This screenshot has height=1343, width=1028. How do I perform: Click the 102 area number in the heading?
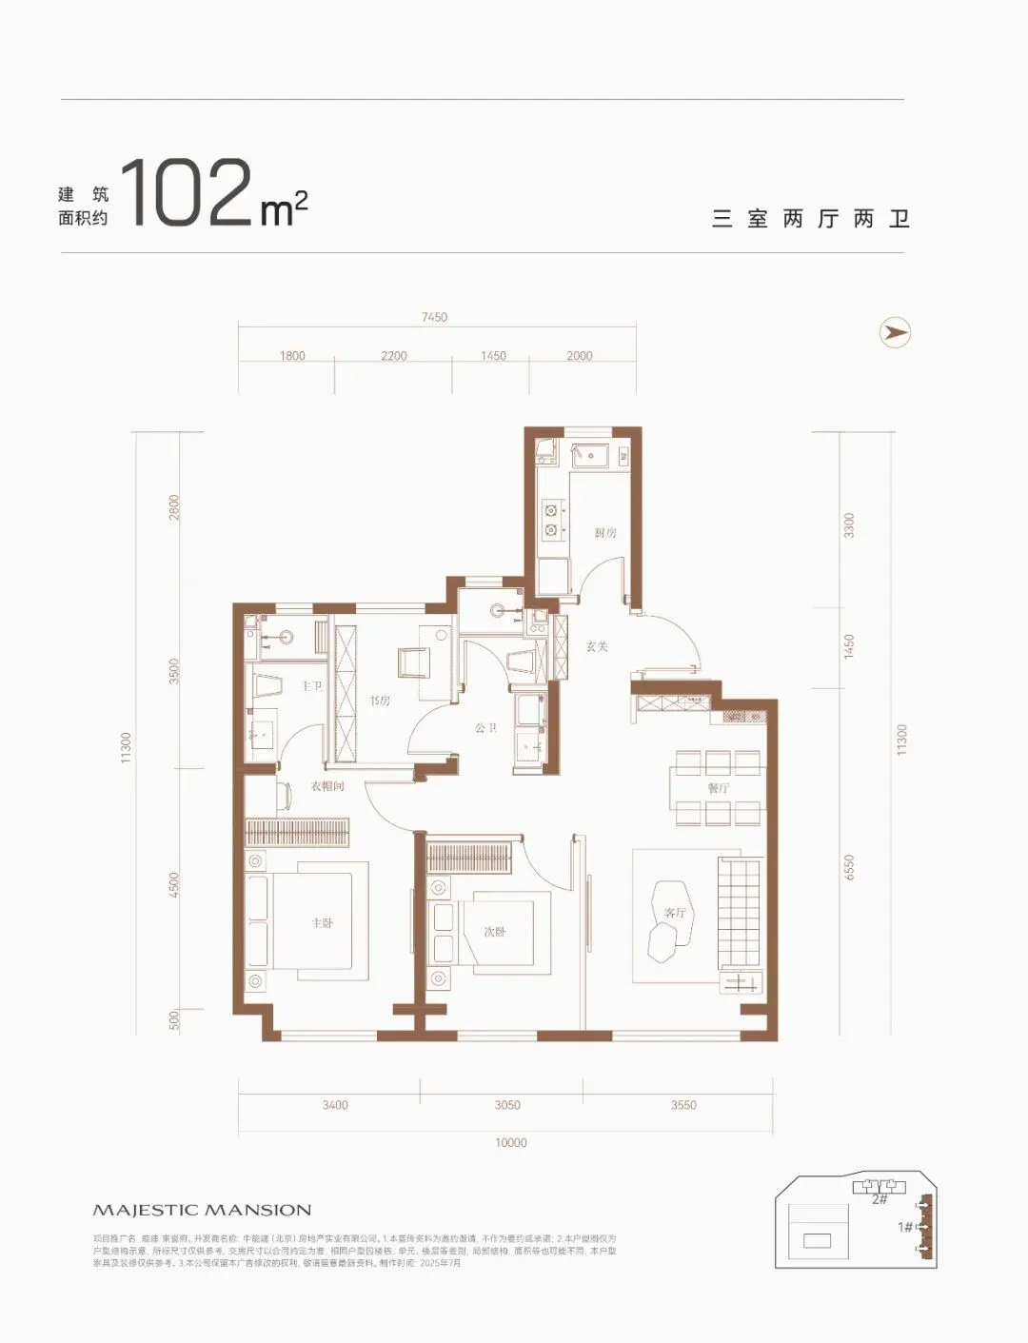pos(187,193)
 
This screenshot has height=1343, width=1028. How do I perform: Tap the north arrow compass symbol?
pos(895,332)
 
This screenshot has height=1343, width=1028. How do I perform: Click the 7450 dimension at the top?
pos(434,317)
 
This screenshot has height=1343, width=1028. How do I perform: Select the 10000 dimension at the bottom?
pos(510,1142)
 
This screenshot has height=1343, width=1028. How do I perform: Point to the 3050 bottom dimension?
pos(507,1105)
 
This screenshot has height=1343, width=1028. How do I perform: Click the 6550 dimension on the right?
pos(849,867)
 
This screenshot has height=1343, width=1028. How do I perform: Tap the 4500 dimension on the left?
pos(173,885)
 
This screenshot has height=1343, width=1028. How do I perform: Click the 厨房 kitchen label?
pos(605,532)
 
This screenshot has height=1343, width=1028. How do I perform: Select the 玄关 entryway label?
pos(597,646)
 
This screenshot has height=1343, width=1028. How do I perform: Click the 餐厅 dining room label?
pos(719,788)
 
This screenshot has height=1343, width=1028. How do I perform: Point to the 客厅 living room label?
pos(675,913)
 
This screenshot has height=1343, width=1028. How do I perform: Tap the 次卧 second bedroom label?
pos(495,932)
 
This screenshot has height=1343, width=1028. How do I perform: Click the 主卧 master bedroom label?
pos(323,923)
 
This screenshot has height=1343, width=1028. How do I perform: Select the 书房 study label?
pos(380,701)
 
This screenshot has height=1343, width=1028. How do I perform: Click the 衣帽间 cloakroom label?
pos(326,786)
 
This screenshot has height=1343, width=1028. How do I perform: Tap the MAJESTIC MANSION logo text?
pos(202,1210)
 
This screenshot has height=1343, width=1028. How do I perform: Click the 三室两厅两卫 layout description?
pos(811,219)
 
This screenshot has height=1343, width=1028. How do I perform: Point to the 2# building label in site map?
pos(880,1199)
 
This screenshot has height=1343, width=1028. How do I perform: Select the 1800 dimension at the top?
pos(292,356)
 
